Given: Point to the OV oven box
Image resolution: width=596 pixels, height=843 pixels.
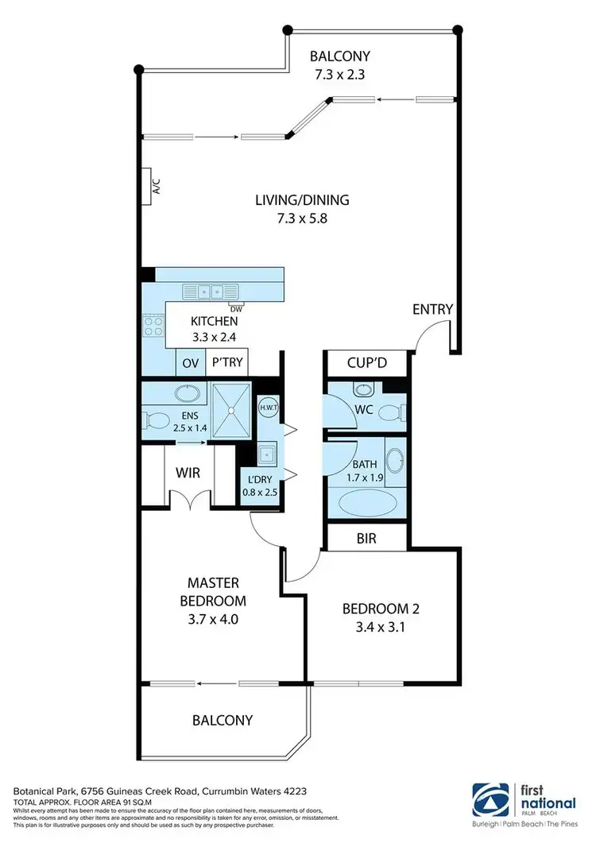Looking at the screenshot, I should tap(190, 363).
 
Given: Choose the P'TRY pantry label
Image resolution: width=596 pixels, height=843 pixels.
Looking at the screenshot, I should tap(226, 363).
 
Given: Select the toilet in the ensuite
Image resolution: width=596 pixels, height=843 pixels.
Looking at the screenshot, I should tap(156, 420).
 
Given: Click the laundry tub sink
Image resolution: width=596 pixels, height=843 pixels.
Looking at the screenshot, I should tap(266, 454).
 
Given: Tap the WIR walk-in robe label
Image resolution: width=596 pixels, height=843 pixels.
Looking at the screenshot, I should tap(188, 474).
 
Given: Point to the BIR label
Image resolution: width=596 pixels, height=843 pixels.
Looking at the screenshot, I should tap(366, 539).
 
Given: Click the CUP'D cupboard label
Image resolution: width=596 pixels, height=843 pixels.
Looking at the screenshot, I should tap(366, 363).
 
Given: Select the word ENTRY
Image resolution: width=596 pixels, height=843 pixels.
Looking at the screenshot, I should tap(432, 310).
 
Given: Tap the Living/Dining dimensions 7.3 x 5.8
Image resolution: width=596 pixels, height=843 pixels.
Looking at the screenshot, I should tap(301, 218).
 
